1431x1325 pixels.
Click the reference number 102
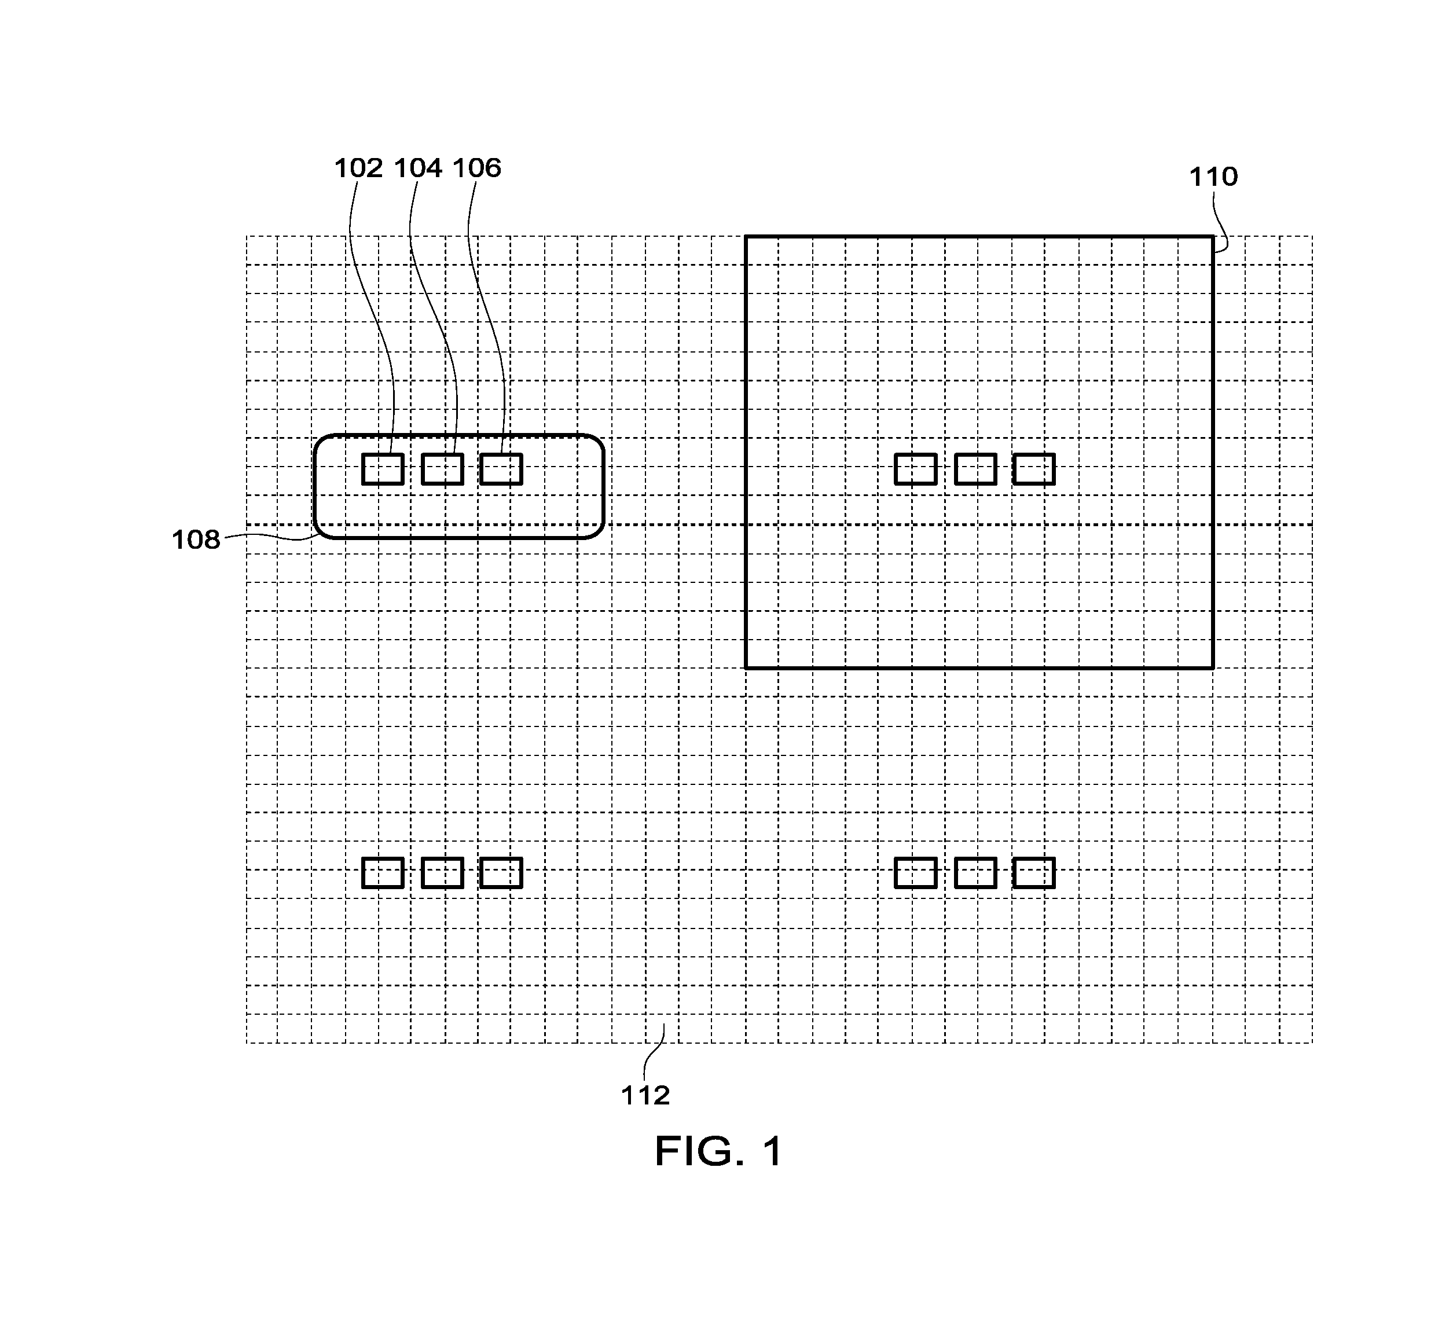click(358, 168)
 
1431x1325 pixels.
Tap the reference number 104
click(418, 168)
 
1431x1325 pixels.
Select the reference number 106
click(477, 168)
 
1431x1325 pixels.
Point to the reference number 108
click(195, 540)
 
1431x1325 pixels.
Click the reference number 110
click(1213, 177)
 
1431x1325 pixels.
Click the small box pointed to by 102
click(383, 469)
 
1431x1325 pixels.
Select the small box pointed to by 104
click(442, 469)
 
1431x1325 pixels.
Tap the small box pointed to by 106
click(501, 469)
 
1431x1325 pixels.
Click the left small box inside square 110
click(916, 469)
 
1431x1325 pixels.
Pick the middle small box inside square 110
click(976, 469)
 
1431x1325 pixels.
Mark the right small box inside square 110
click(1034, 469)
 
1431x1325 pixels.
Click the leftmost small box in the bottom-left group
click(383, 872)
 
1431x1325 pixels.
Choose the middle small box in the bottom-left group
click(442, 872)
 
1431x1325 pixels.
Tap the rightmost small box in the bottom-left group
click(501, 872)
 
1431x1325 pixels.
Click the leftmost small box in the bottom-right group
click(916, 872)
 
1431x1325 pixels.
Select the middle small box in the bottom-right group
click(976, 872)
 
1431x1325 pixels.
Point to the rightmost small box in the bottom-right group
click(1034, 872)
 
